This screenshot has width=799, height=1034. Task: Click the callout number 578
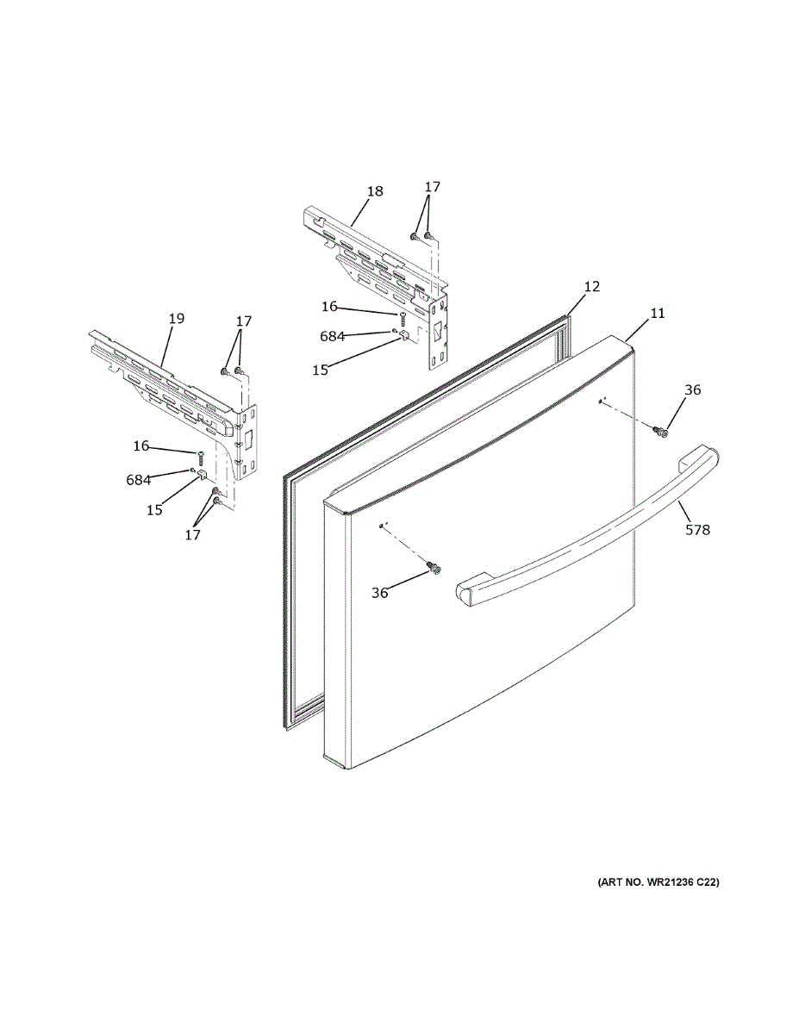[697, 530]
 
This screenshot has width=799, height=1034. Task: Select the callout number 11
[657, 314]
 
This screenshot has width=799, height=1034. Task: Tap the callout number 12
[591, 286]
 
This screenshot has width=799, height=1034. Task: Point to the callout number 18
[374, 191]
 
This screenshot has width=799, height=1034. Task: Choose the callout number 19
[176, 319]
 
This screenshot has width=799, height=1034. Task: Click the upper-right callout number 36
[692, 389]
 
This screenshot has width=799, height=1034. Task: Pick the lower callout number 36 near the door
[379, 593]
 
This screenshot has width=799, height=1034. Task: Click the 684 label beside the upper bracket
[332, 336]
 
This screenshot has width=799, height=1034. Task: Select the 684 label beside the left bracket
[139, 480]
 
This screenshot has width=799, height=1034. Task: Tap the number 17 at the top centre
[432, 186]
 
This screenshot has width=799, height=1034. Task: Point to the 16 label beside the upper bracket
[329, 306]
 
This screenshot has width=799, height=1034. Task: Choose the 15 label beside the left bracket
[153, 509]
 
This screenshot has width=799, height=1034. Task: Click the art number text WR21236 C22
[658, 882]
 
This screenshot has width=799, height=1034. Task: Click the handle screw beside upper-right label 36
[662, 430]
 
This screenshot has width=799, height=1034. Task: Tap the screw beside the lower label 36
[433, 567]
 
